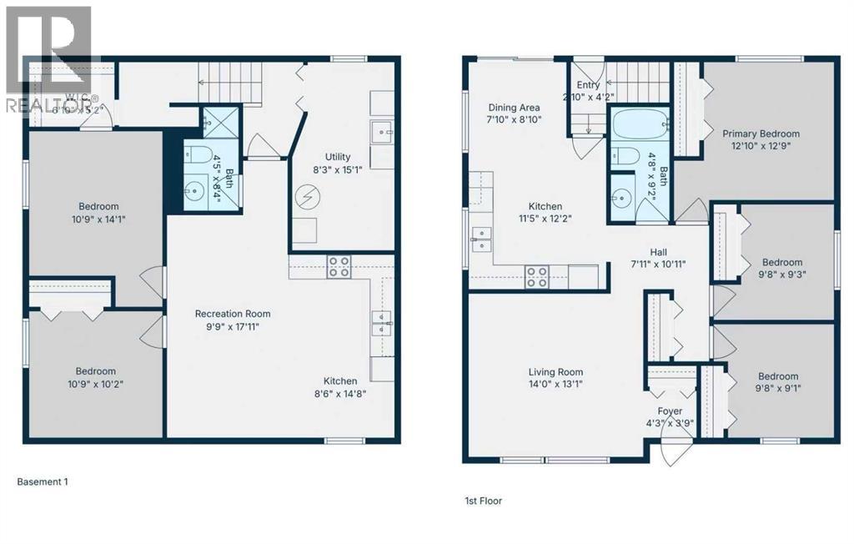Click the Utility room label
click(338, 157)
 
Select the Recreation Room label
click(233, 314)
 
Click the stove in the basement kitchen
click(339, 267)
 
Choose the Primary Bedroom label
click(761, 133)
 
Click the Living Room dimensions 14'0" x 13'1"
click(555, 385)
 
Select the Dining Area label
click(514, 108)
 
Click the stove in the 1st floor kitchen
click(536, 276)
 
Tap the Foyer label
click(670, 411)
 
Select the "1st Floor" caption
click(483, 501)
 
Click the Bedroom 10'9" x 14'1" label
click(98, 207)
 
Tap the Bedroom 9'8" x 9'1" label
click(777, 376)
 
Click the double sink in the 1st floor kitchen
click(481, 238)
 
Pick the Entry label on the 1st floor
click(589, 85)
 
